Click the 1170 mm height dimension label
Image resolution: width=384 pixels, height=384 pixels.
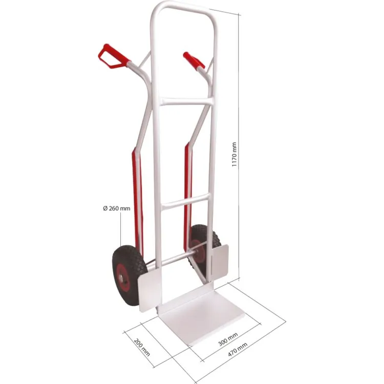[234, 154]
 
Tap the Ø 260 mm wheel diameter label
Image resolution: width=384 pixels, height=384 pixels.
[117, 208]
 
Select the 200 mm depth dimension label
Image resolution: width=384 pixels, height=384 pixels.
[142, 347]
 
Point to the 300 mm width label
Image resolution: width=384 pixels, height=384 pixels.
[228, 339]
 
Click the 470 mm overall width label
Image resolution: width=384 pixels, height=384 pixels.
[237, 349]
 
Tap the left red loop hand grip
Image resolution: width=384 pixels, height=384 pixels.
[114, 56]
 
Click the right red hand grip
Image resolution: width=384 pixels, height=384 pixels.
[194, 60]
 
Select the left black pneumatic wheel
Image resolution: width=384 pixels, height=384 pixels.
[129, 275]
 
